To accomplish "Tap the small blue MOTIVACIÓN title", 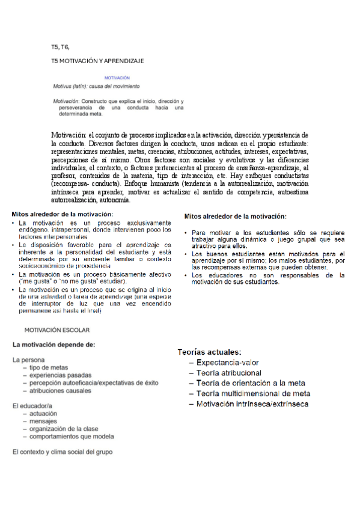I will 117,78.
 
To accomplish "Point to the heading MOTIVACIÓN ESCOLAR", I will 57,330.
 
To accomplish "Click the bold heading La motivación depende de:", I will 54,345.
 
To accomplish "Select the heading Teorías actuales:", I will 209,352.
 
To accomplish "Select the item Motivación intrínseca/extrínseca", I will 252,404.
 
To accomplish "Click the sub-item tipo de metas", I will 49,367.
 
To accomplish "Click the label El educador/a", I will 32,407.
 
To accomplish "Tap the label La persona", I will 28,359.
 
